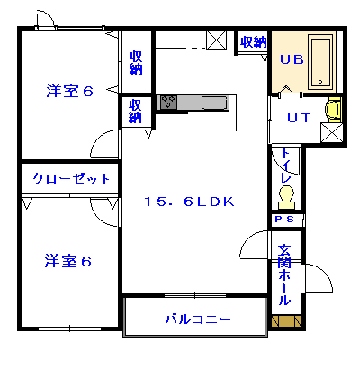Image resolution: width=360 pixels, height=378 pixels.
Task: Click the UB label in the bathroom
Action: (x=291, y=61)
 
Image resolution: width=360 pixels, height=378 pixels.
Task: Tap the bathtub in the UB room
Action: (x=320, y=62)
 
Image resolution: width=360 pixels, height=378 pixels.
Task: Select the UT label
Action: (x=299, y=118)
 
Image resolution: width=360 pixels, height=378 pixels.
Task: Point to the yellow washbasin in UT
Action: (x=334, y=110)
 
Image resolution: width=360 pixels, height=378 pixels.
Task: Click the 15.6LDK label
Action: (x=189, y=202)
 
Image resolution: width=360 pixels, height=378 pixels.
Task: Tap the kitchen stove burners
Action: (x=169, y=103)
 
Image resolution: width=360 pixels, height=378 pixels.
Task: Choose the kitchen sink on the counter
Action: (x=215, y=103)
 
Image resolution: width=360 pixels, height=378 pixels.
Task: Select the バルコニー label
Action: (x=197, y=319)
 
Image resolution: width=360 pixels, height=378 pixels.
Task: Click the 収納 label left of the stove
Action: (x=135, y=110)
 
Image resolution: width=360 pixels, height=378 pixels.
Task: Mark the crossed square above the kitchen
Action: (x=217, y=40)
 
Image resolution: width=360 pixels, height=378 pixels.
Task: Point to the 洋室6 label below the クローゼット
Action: (x=69, y=261)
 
